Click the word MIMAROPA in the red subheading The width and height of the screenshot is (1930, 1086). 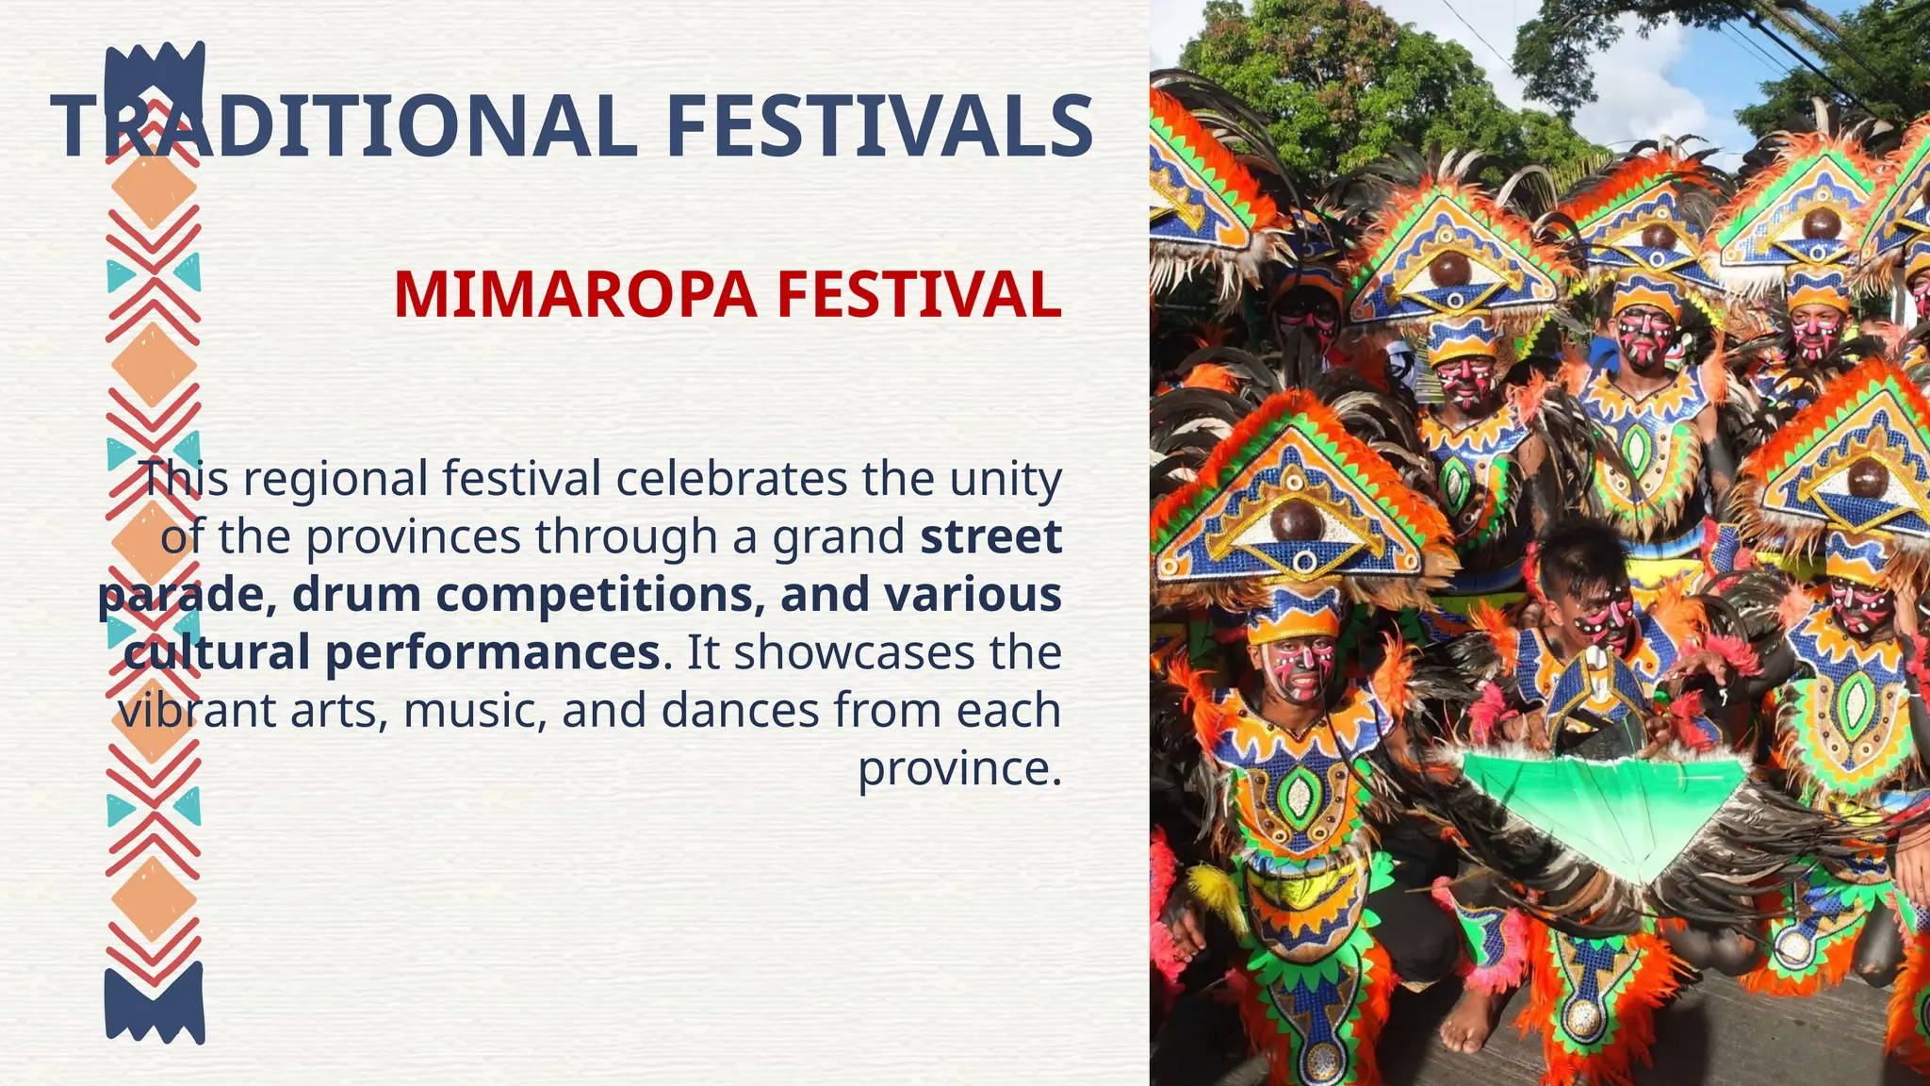pyautogui.click(x=575, y=295)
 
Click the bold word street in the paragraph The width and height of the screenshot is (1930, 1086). pyautogui.click(x=991, y=536)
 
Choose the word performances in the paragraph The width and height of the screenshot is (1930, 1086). pyautogui.click(x=492, y=653)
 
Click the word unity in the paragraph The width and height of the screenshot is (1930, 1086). pyautogui.click(x=1006, y=479)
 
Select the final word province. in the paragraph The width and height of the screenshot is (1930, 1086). pyautogui.click(x=959, y=769)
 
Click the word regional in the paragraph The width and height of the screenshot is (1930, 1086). pyautogui.click(x=336, y=479)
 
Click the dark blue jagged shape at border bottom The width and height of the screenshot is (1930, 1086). pyautogui.click(x=155, y=1003)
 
